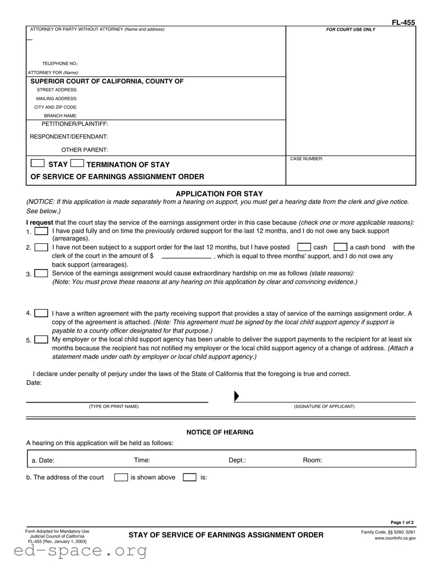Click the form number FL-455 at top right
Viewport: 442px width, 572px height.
point(403,22)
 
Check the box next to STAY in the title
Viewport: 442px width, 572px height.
point(37,163)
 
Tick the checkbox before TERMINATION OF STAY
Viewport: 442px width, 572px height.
point(77,163)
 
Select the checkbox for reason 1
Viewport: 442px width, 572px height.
point(42,231)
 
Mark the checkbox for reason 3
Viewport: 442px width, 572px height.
point(42,274)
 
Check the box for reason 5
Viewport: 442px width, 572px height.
point(42,340)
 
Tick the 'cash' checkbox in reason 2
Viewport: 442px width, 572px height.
point(304,247)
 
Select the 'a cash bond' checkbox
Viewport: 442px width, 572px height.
point(340,247)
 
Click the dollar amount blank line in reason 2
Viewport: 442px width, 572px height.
point(186,257)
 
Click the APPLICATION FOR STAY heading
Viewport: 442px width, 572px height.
point(220,194)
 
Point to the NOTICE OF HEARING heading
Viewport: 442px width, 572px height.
point(220,432)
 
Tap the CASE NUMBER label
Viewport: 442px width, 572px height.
point(306,159)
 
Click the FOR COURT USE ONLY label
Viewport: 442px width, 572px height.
point(351,30)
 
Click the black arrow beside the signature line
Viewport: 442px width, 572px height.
point(236,396)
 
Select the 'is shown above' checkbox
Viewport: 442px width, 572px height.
point(121,477)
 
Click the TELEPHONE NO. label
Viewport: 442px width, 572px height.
point(60,64)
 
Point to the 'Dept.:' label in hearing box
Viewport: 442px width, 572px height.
point(237,460)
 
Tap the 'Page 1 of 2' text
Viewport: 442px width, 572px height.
point(402,522)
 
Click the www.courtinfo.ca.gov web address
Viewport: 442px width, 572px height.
point(395,538)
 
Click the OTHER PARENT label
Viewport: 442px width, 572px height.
point(85,150)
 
